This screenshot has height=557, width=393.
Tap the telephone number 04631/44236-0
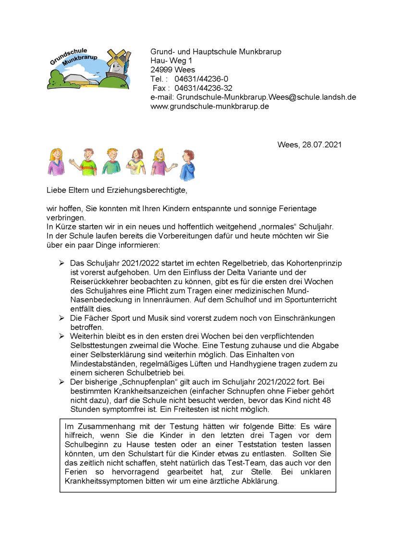[201, 79]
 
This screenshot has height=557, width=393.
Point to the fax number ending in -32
[203, 88]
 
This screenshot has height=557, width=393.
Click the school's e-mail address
[266, 97]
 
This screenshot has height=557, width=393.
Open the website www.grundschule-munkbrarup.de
[209, 106]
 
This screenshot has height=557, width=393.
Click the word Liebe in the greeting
[56, 190]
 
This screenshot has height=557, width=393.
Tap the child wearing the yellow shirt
[135, 164]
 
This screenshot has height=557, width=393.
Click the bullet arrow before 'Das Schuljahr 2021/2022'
[61, 263]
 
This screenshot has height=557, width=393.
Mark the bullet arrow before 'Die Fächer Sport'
[61, 318]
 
